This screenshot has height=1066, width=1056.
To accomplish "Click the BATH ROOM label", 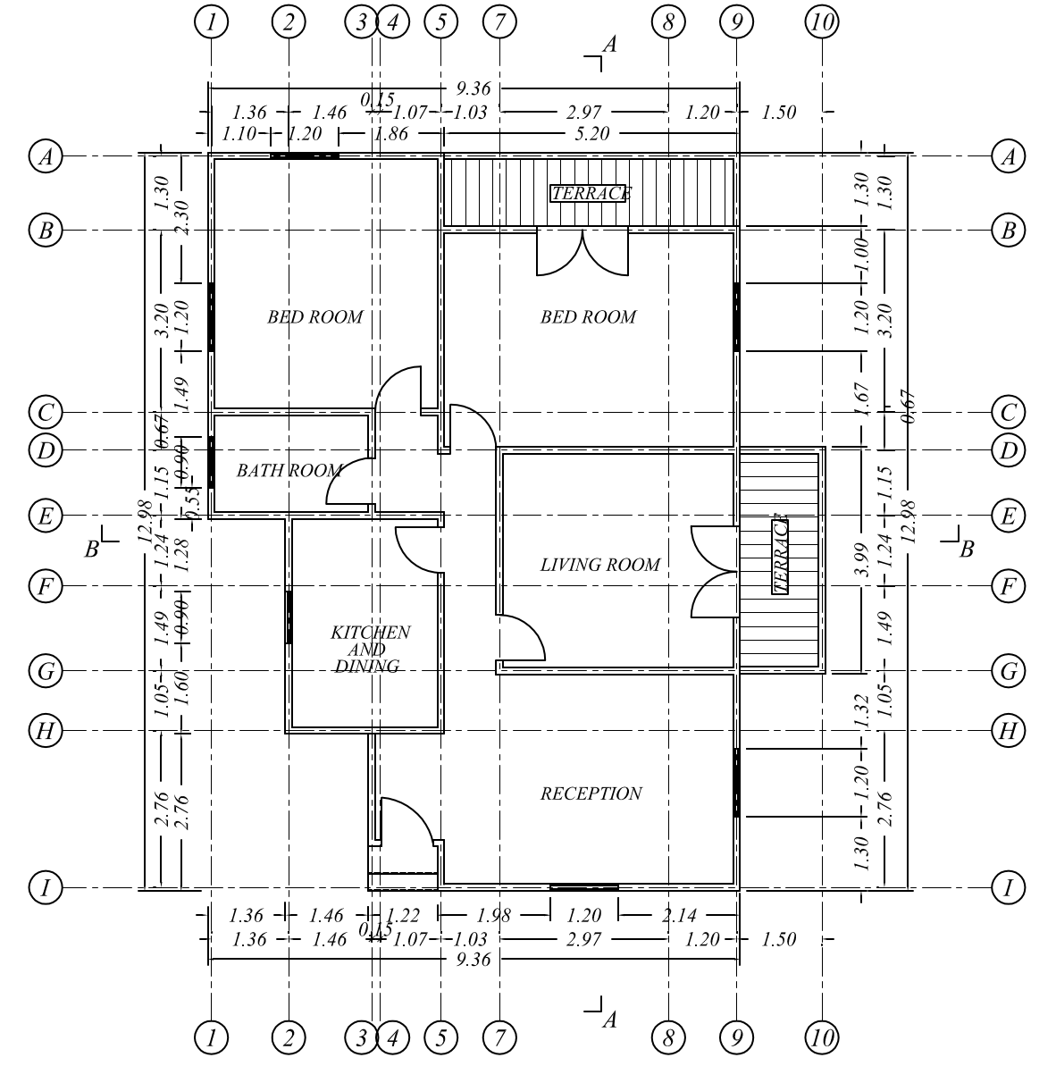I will [x=288, y=471].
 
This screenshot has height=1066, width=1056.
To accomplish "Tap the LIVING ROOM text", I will [x=599, y=565].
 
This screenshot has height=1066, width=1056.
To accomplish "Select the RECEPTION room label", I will [x=591, y=793].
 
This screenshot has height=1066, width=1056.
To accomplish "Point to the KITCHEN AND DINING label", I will [x=369, y=649].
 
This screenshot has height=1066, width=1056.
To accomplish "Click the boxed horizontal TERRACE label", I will [x=589, y=193].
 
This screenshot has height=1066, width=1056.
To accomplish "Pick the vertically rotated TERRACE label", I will [x=780, y=555].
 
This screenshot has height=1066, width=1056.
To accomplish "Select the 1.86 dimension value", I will [x=391, y=134].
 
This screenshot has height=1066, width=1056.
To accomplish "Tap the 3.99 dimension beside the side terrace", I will [x=861, y=559].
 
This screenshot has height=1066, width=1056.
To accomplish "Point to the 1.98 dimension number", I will [x=493, y=916].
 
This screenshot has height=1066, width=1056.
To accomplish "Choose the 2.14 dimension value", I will [x=680, y=916].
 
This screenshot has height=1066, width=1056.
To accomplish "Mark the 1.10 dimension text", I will [x=239, y=134].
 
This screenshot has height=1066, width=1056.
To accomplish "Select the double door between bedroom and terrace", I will [x=582, y=252].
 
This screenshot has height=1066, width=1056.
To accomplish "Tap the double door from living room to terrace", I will [x=715, y=572].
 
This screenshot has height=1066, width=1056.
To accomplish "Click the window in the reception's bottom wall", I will [x=583, y=887].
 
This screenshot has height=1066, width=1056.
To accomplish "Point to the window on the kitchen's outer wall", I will [x=289, y=617].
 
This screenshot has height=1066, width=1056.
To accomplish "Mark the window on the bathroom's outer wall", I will [x=212, y=461].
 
